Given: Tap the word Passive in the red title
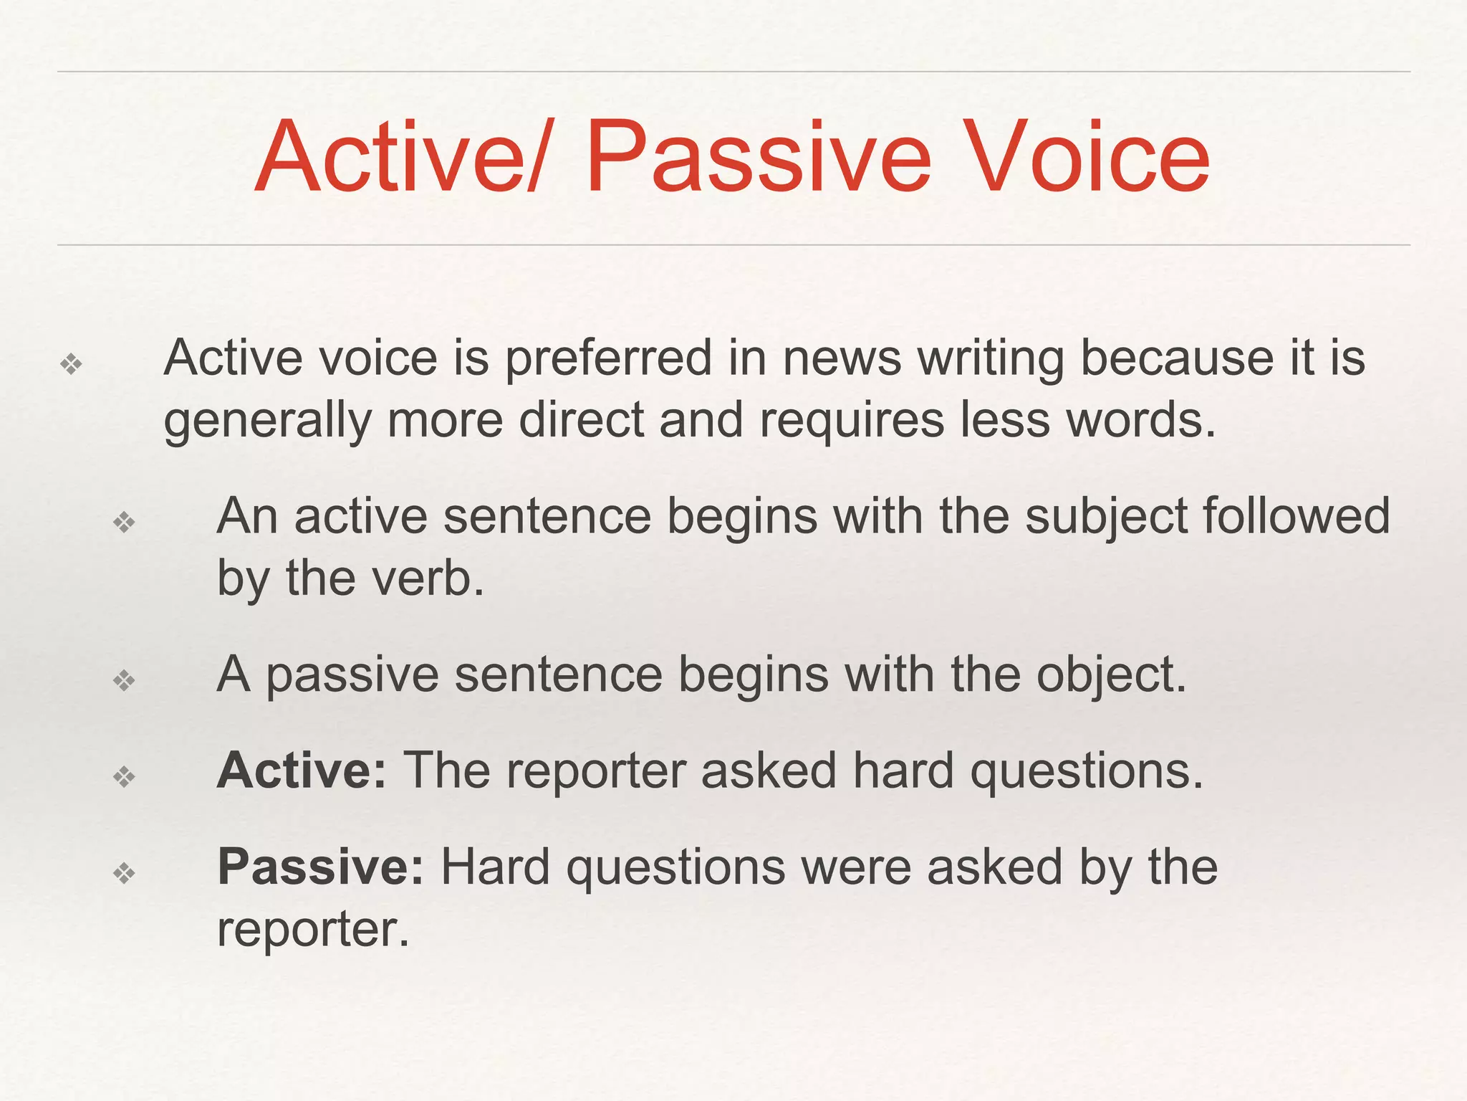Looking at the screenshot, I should (x=759, y=158).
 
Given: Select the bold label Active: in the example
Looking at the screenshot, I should (x=302, y=771).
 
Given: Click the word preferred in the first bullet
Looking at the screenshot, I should (x=608, y=358).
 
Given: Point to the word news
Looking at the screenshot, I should (x=842, y=358).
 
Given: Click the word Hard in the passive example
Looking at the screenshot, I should (x=495, y=867).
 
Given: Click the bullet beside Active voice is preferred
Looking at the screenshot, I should (x=71, y=365).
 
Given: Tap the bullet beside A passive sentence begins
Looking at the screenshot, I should (x=124, y=680).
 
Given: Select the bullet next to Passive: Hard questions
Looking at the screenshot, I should (x=124, y=873).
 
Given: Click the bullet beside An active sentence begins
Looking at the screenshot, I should (x=124, y=522).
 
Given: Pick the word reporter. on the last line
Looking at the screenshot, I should (x=313, y=930).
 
